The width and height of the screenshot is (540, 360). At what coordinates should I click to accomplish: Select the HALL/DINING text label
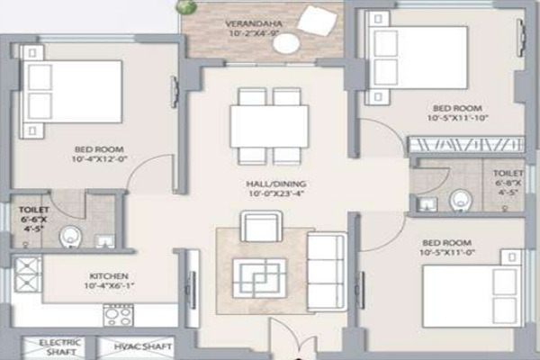coord(270,180)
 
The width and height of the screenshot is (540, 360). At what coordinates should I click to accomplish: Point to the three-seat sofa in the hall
coord(327,270)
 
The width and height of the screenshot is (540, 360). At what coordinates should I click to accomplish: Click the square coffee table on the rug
coord(258,277)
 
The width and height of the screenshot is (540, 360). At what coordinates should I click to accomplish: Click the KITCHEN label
coord(109,275)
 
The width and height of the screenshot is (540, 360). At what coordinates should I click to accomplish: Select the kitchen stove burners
coord(118,314)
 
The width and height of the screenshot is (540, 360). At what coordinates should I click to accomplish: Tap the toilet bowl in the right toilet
coord(460,199)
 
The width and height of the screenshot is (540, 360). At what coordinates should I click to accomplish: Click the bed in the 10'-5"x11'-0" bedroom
coord(468,293)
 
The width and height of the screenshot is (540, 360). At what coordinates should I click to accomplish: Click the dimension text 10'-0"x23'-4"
coord(269,192)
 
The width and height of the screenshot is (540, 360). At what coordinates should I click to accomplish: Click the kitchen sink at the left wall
coord(27,274)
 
